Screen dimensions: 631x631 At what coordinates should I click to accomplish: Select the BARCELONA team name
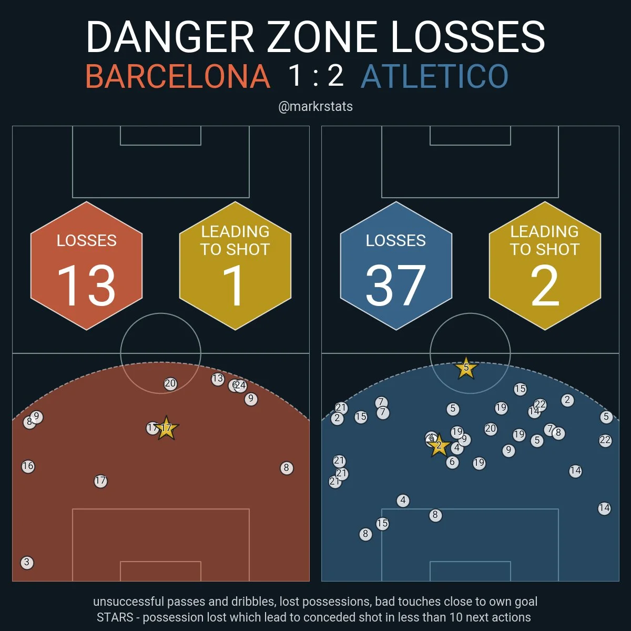pos(178,76)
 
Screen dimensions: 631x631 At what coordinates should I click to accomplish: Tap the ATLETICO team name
pos(435,76)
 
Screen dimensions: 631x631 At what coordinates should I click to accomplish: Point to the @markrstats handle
pos(315,106)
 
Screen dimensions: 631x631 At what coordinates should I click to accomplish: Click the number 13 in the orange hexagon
pos(86,286)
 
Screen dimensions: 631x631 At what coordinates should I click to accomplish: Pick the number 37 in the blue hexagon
pos(395,286)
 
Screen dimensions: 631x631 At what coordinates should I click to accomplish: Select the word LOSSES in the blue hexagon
pos(395,241)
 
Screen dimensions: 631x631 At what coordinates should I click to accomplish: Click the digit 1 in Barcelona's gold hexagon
pos(235,286)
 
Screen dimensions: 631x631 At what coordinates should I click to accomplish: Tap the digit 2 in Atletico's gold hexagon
pos(545,286)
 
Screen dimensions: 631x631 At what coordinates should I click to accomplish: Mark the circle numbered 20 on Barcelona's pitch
pos(170,384)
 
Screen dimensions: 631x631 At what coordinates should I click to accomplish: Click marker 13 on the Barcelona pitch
pos(218,379)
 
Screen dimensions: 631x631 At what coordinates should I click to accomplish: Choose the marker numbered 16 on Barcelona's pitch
pos(28,466)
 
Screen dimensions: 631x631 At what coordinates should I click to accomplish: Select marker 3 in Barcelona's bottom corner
pos(27,563)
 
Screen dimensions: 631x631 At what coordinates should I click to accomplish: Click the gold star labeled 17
pos(166,429)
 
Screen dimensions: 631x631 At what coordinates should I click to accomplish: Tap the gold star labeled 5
pos(466,368)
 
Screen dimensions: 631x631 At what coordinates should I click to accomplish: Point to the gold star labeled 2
pos(439,446)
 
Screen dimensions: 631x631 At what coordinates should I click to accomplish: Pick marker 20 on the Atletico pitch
pos(491,429)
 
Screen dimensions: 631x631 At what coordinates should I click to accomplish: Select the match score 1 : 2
pos(315,75)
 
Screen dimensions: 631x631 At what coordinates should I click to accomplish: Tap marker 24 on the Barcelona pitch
pos(241,386)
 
